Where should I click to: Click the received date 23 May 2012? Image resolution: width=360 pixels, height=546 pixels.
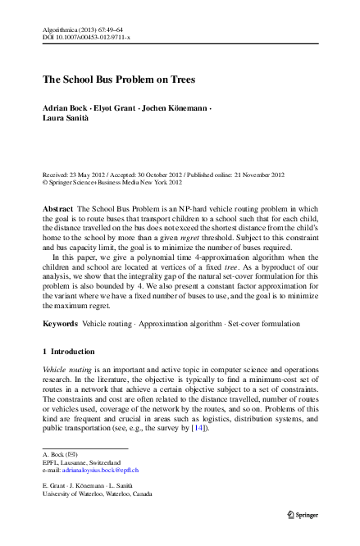pos(89,175)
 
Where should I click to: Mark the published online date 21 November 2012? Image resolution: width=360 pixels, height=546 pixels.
pos(253,175)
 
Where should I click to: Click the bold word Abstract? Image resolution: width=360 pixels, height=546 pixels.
pos(57,210)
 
